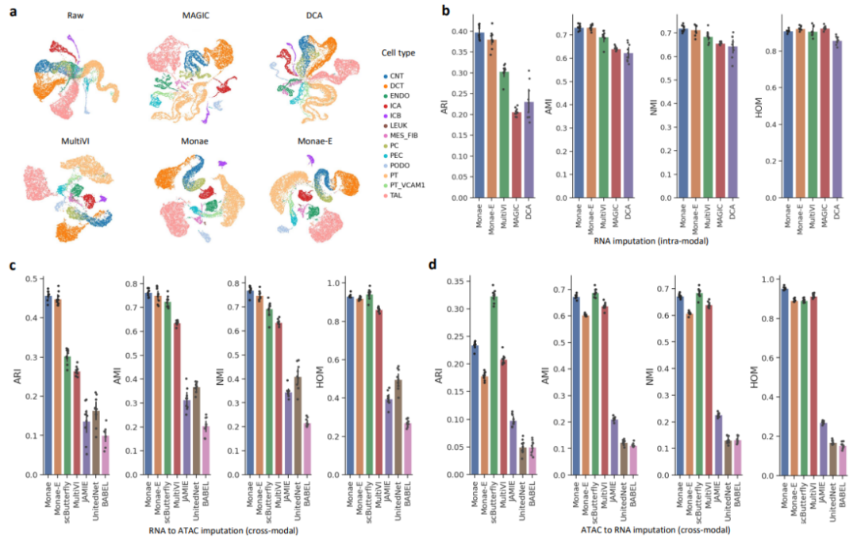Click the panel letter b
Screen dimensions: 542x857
click(x=447, y=11)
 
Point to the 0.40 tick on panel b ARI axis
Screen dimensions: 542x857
click(x=458, y=32)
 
